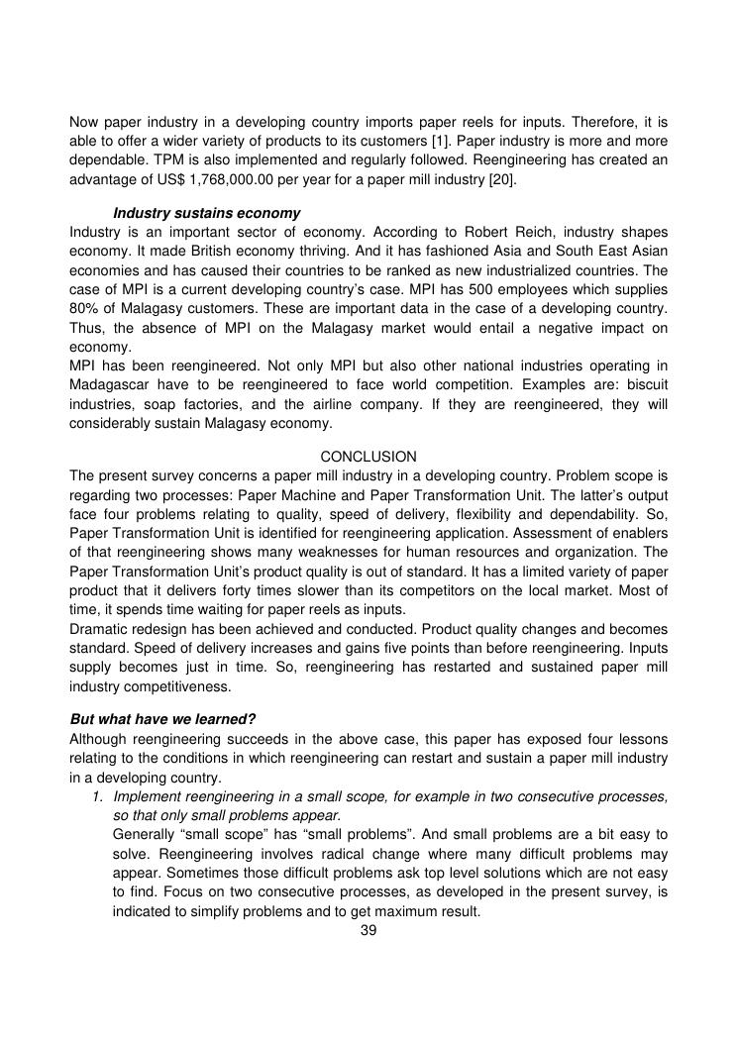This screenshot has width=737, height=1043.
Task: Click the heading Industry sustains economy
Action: pos(207,213)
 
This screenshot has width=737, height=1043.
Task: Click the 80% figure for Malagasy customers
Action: pos(85,308)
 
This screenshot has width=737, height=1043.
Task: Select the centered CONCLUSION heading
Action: pos(368,457)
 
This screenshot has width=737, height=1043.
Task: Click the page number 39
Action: pos(368,930)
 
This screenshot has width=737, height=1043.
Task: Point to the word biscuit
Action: pos(644,384)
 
